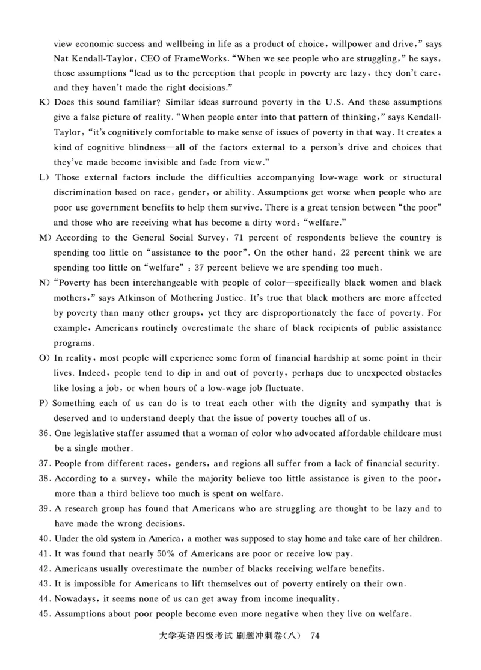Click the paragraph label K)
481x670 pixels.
tap(43, 102)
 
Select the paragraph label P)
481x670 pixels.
tap(43, 403)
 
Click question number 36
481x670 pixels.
tap(46, 434)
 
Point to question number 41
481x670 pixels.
tap(46, 553)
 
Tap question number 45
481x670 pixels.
tap(46, 614)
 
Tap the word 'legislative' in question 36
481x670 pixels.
tap(94, 434)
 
